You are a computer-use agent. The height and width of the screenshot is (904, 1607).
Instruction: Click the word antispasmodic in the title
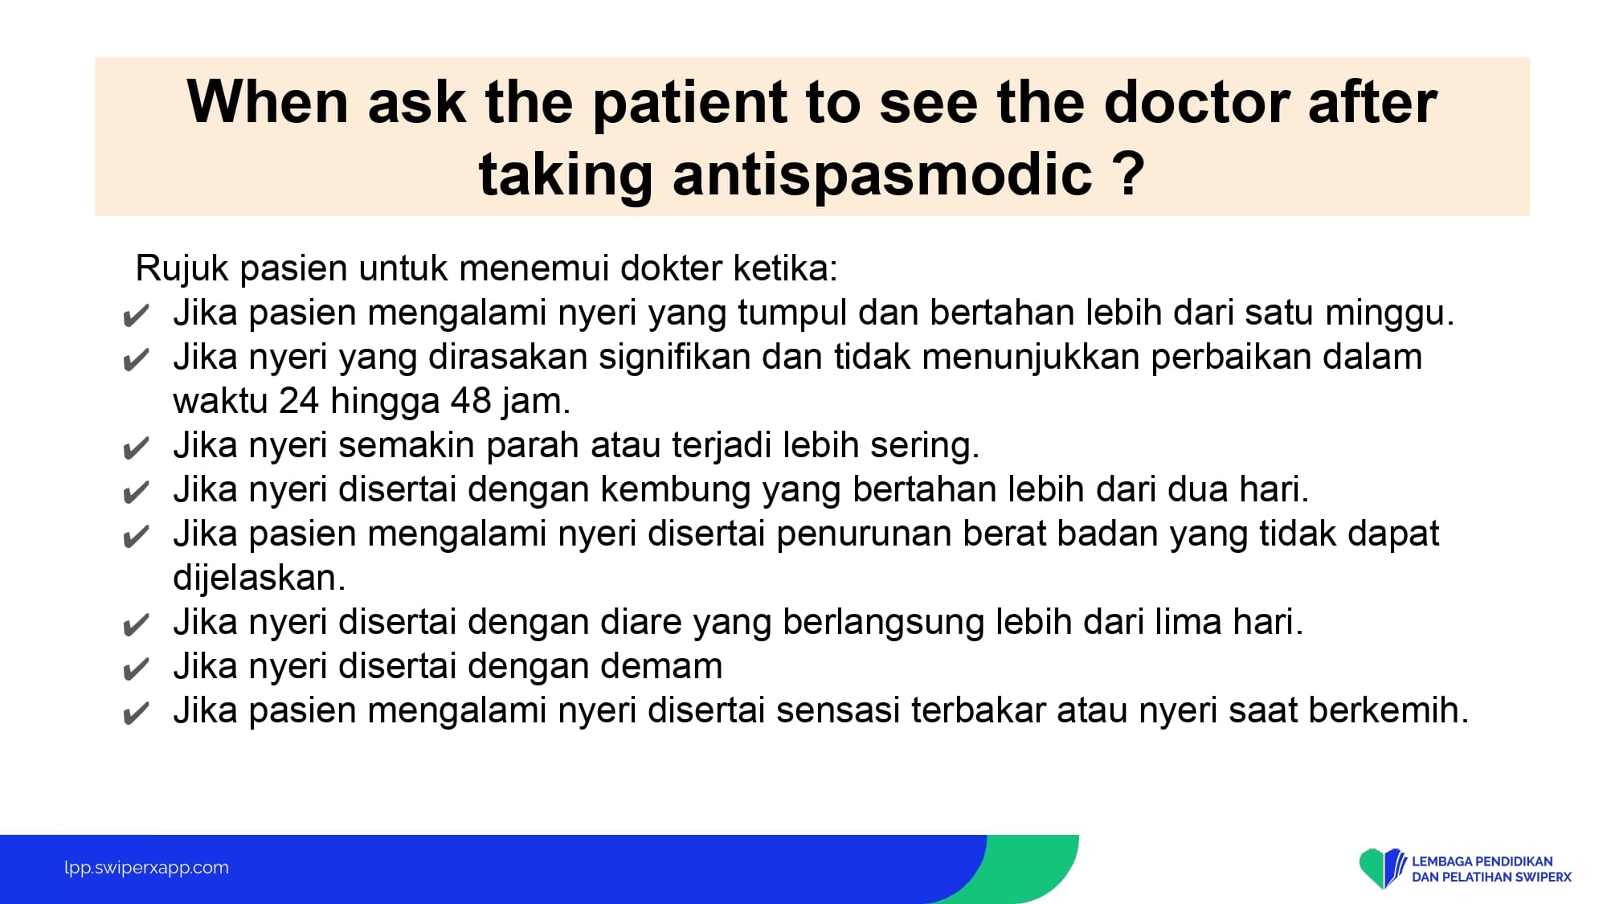coord(881,174)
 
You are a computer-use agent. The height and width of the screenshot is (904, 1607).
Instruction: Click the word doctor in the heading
coord(1196,102)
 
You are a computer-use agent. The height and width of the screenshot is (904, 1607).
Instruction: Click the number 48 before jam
coord(470,400)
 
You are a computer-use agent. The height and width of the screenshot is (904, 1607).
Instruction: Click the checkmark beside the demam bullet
coord(136,669)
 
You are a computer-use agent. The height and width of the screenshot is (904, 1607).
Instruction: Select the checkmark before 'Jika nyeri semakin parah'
coord(136,448)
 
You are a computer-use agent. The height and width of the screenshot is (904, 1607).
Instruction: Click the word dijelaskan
coord(259,578)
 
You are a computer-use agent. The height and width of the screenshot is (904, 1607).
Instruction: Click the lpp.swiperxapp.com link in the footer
coord(146,868)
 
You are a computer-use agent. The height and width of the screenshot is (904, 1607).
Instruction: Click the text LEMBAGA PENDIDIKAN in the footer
coord(1482,861)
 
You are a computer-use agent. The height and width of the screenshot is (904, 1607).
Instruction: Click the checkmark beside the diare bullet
coord(136,624)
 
